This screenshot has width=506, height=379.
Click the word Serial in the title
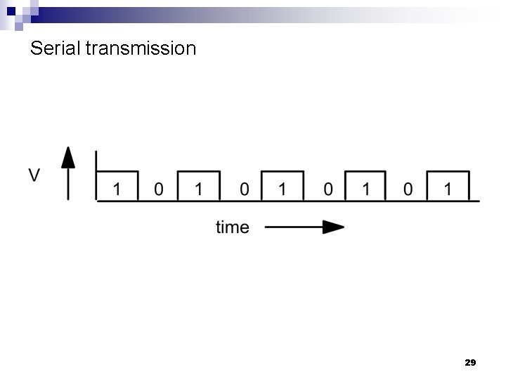[x=55, y=48]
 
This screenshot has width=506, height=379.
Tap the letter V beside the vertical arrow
[x=34, y=175]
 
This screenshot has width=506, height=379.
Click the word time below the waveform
[x=232, y=227]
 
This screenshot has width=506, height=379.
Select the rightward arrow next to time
[x=305, y=227]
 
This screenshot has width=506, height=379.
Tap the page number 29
[x=470, y=363]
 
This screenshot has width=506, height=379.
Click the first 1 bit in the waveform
[x=117, y=189]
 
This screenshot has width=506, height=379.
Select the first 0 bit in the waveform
[x=159, y=189]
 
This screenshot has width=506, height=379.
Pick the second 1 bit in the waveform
[x=199, y=189]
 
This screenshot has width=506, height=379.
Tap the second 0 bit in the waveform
[x=243, y=189]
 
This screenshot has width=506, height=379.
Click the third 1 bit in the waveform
[x=283, y=189]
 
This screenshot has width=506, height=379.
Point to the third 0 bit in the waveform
[x=327, y=189]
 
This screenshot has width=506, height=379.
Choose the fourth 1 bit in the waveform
[x=365, y=189]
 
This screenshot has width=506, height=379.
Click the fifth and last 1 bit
[x=448, y=189]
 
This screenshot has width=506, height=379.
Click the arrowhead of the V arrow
[x=68, y=155]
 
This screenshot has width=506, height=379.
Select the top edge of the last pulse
[x=448, y=171]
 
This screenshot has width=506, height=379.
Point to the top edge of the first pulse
[x=117, y=171]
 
